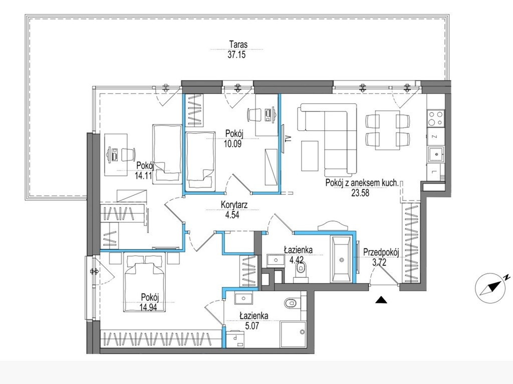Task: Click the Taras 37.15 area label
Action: tap(237, 49)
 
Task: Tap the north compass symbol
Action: tap(491, 288)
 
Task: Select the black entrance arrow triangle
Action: tap(381, 299)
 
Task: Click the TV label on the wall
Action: tap(288, 138)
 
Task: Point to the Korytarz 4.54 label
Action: tap(234, 209)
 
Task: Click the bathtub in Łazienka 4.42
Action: tap(341, 259)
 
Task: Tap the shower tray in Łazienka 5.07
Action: tap(293, 334)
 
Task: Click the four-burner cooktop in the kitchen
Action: tap(436, 118)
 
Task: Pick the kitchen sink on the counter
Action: tap(435, 154)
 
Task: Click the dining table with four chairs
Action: tap(387, 130)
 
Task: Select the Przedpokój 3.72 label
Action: tap(381, 257)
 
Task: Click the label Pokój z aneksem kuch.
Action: tap(362, 182)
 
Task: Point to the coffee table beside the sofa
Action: tap(310, 156)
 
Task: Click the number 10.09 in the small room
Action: tap(233, 143)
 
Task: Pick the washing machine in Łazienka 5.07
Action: tap(236, 339)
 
